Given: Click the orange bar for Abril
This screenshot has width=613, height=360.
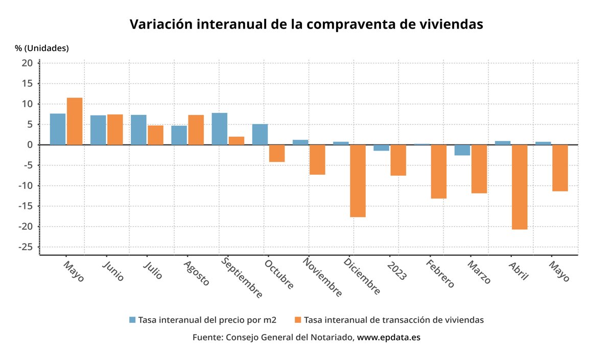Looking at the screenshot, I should click(520, 187).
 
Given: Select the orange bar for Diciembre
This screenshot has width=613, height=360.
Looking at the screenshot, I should click(358, 181).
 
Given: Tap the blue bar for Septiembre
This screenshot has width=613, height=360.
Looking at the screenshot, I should click(220, 129).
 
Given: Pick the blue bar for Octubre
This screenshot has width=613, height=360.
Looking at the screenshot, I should click(260, 134).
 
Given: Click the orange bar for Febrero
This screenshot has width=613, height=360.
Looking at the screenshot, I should click(439, 172).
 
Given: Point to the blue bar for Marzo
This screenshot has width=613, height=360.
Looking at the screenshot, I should click(462, 150).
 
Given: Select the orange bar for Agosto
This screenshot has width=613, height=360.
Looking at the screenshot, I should click(196, 130).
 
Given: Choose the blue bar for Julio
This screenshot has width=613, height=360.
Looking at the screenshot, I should click(138, 130).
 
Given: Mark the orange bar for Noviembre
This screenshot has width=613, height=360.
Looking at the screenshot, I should click(317, 160).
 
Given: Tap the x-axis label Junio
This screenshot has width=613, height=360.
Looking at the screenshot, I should click(113, 271).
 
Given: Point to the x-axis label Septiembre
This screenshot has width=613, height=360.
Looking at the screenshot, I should click(242, 278).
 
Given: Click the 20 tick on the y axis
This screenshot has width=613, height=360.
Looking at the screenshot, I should click(27, 63).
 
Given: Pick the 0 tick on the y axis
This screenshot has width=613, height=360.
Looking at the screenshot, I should click(30, 145).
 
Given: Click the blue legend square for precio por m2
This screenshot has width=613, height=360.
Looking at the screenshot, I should click(133, 320).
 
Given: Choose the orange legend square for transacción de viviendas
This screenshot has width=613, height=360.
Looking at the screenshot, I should click(298, 320).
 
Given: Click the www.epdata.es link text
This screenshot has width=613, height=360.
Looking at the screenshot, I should click(388, 338).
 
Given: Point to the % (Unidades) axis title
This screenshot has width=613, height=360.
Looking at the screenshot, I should click(42, 48).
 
